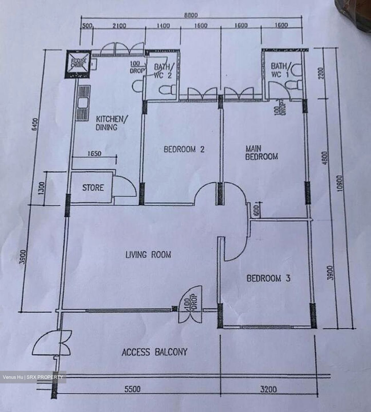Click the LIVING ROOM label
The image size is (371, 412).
click(148, 254)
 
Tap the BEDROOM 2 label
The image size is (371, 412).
click(184, 149)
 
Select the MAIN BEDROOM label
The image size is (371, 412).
click(261, 153)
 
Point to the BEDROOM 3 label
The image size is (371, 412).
click(269, 278)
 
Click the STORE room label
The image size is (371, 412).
click(93, 188)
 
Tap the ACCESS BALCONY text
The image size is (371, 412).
click(154, 352)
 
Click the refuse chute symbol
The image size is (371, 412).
click(78, 64)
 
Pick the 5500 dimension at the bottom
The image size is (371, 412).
click(132, 389)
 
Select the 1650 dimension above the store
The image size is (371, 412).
click(94, 154)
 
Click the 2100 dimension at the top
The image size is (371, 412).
click(119, 26)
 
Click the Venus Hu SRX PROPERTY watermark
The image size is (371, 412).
click(33, 377)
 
